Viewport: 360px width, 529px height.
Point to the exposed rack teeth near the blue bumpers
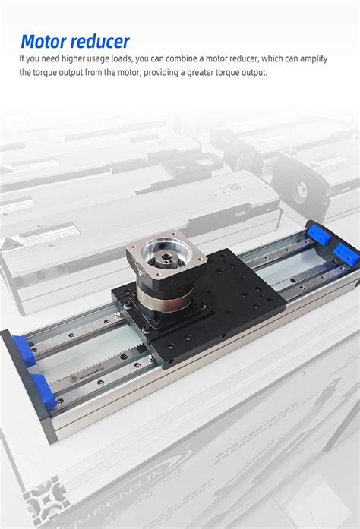[x=84, y=370]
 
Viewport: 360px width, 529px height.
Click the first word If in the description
[x=23, y=58]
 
